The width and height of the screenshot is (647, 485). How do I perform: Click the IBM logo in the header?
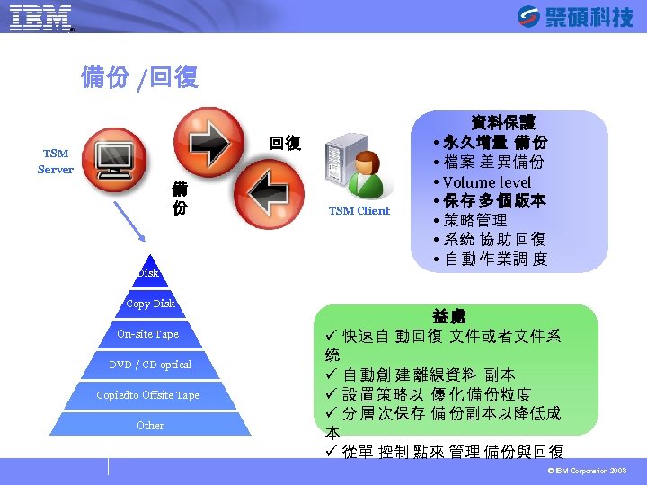[40, 18]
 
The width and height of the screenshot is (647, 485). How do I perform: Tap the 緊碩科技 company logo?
[575, 17]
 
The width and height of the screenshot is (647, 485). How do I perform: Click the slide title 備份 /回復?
[139, 78]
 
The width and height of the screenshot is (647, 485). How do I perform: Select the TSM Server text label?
[56, 161]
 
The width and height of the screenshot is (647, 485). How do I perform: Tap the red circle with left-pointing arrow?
[268, 193]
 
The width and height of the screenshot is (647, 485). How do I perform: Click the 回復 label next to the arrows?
[286, 144]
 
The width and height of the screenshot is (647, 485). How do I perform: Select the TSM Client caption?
[359, 211]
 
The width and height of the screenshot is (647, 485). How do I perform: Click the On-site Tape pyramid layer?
[148, 334]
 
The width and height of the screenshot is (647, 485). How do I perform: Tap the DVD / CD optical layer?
[150, 365]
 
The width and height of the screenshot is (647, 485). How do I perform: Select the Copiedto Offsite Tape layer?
[148, 395]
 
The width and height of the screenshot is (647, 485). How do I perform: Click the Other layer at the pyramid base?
[150, 425]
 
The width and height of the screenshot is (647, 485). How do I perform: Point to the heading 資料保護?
[503, 121]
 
